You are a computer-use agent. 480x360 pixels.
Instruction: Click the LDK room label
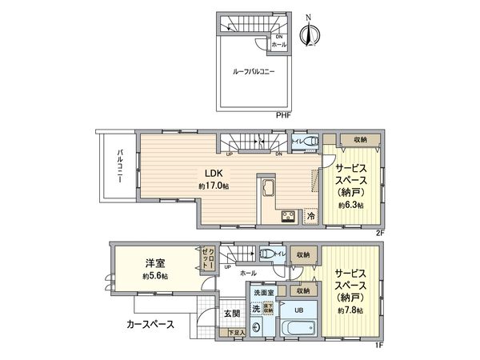click(x=212, y=173)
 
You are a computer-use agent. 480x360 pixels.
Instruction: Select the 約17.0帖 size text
click(x=214, y=186)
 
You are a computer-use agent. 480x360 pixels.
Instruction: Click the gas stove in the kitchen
click(x=288, y=217)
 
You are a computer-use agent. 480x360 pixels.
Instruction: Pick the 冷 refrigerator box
click(x=310, y=217)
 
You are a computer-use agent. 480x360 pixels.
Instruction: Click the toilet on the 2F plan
click(x=310, y=142)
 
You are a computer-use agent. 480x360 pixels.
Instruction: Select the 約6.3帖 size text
click(x=350, y=206)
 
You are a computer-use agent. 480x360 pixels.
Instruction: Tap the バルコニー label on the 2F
click(x=118, y=167)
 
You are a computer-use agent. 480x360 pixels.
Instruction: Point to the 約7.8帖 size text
click(x=350, y=310)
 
